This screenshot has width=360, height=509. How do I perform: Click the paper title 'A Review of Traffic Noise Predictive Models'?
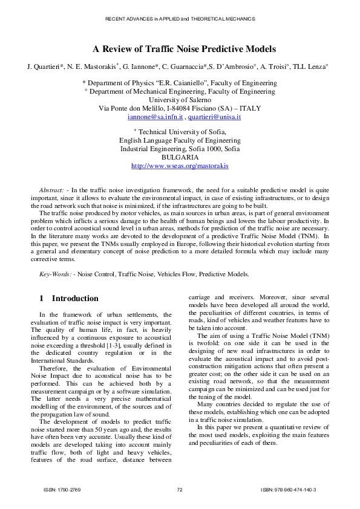coord(180,49)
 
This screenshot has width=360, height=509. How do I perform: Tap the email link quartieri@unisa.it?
coord(214,117)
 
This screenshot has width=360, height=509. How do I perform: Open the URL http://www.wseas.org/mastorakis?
coord(180,165)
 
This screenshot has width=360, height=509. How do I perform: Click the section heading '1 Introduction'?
coord(68,298)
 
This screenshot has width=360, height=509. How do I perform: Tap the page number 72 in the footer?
coord(180,489)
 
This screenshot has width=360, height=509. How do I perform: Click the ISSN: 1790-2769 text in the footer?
coord(62,489)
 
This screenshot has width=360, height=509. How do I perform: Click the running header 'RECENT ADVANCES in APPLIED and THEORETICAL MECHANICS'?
coord(180,19)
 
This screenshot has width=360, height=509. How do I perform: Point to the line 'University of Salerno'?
coord(180,100)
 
